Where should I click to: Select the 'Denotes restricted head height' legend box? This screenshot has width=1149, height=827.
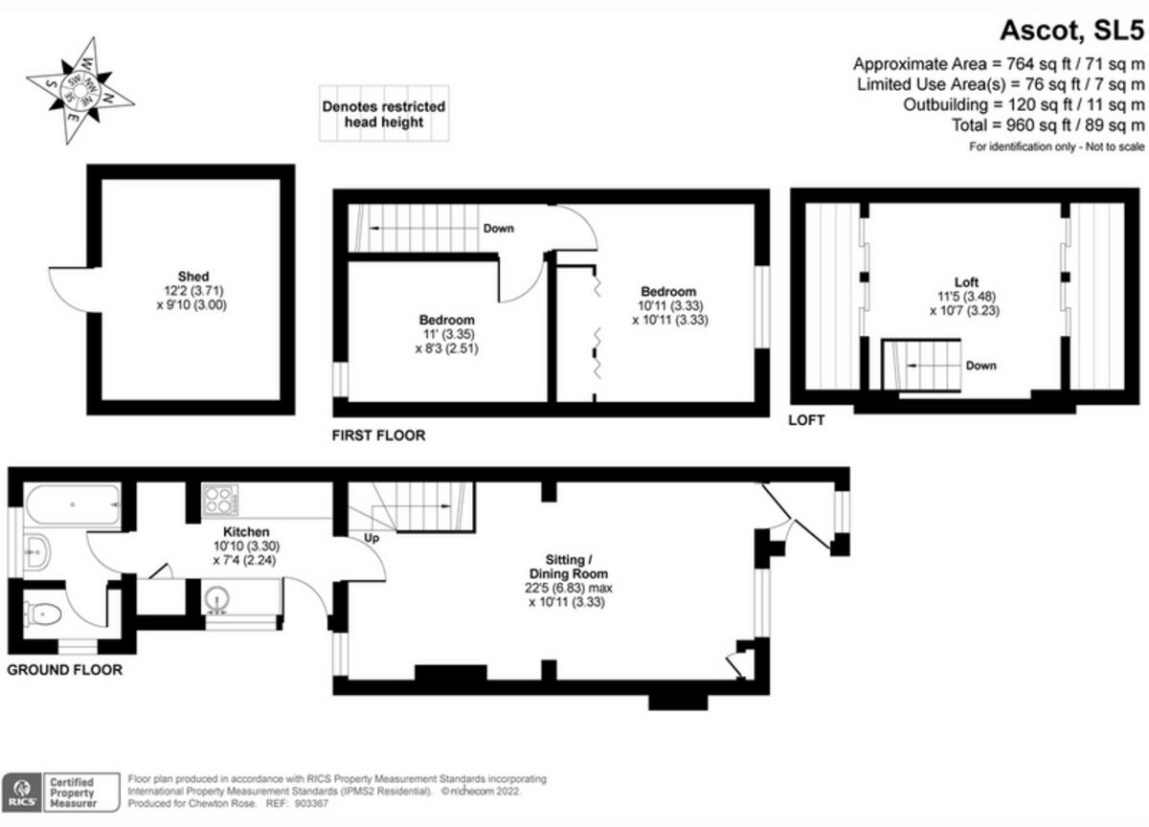(x=383, y=115)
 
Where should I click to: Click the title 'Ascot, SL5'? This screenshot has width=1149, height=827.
(x=1071, y=31)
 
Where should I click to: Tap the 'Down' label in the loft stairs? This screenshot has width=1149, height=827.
(x=980, y=366)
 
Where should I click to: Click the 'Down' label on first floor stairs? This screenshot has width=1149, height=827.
(x=498, y=229)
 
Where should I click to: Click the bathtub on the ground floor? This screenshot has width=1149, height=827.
(x=73, y=503)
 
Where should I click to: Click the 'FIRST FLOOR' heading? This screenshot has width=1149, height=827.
(x=378, y=436)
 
